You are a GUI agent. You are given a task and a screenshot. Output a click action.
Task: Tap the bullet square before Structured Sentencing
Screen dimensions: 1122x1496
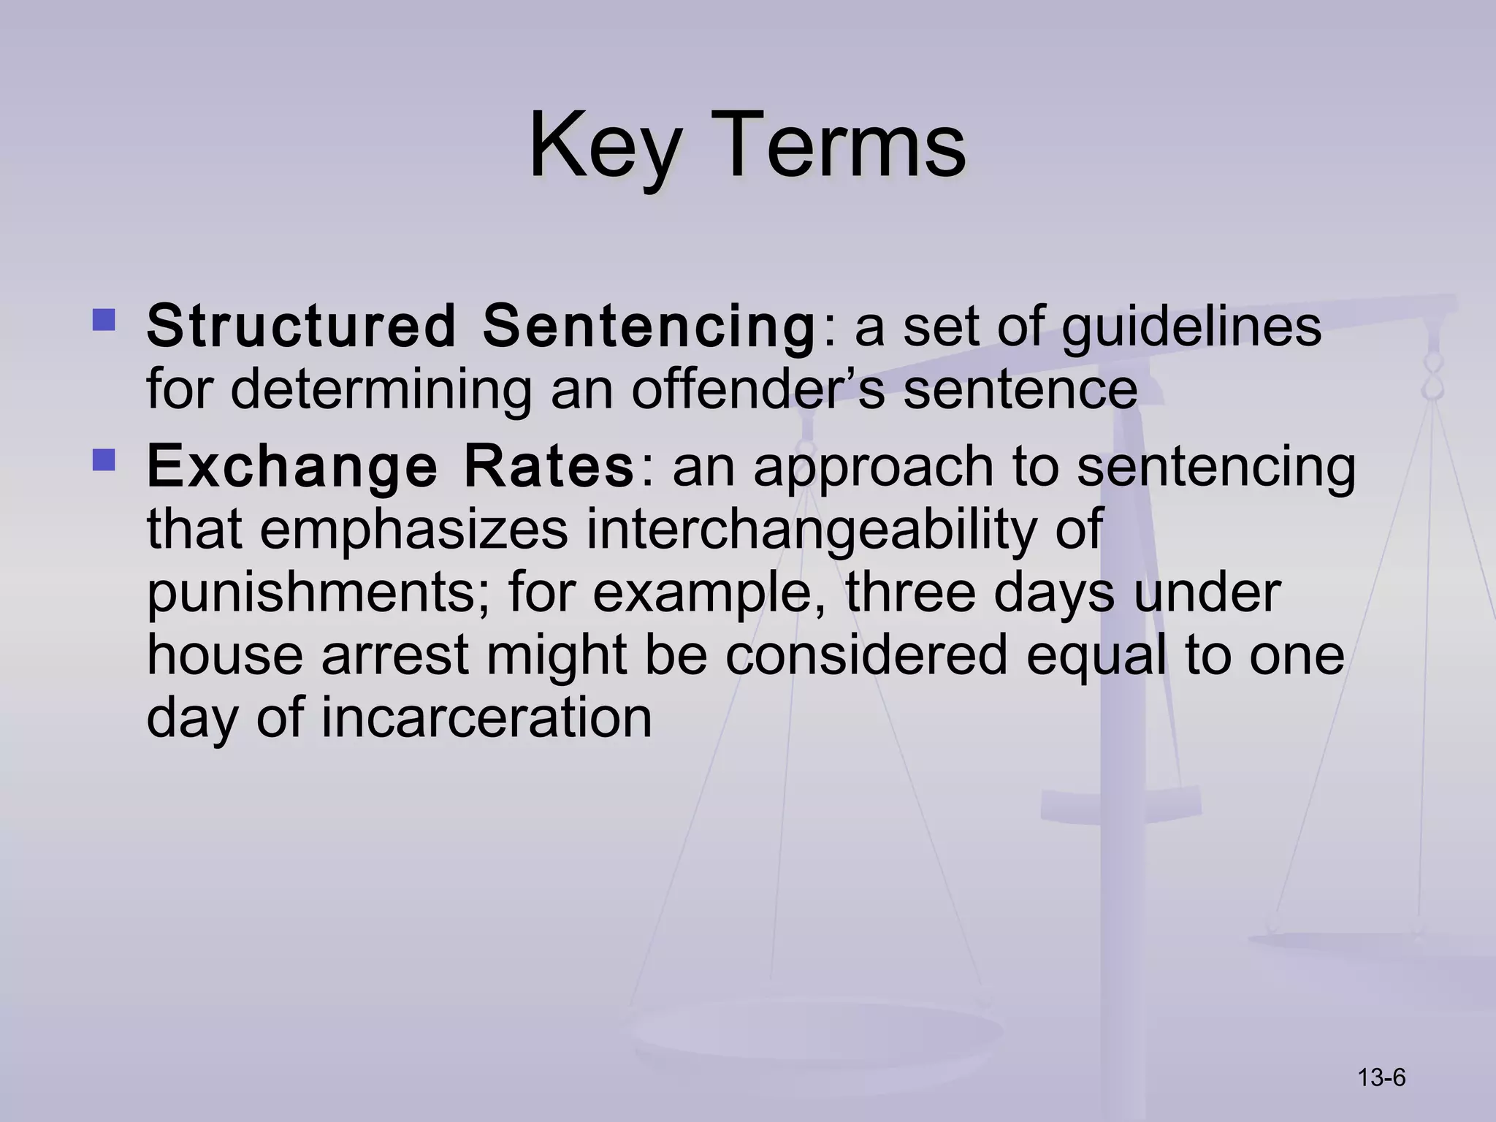pos(104,319)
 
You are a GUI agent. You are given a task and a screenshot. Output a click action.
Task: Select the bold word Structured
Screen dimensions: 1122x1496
pos(301,326)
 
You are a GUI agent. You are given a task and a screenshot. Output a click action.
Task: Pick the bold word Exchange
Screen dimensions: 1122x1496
pos(291,467)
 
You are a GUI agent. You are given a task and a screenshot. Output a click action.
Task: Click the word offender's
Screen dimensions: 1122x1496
pos(757,389)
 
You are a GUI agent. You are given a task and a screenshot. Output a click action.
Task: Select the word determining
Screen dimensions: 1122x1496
pos(381,389)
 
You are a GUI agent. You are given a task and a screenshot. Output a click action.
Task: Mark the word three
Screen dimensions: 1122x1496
pos(910,592)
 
